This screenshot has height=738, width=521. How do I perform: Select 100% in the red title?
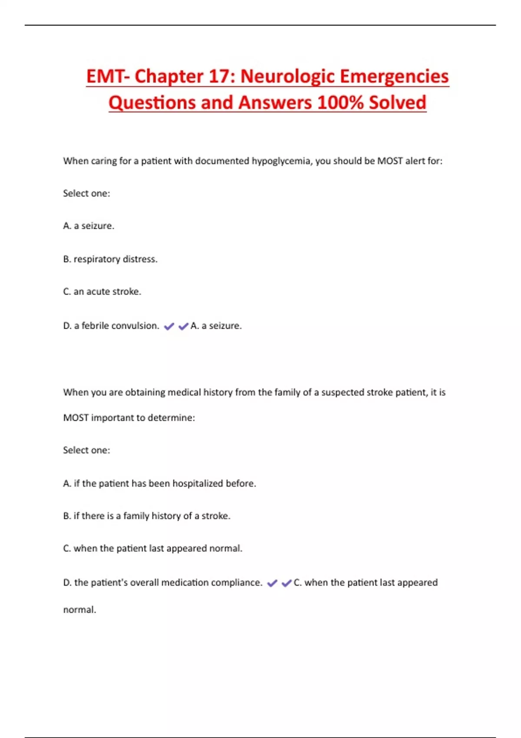point(340,103)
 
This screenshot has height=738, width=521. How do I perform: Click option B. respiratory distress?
point(110,259)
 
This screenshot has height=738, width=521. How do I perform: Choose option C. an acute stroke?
point(102,292)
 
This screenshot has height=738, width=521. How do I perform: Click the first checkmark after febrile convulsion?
point(169,326)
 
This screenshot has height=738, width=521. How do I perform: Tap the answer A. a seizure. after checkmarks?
point(216,326)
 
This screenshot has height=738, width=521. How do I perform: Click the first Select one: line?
point(86,193)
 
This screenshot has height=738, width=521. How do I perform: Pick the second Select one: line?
point(86,450)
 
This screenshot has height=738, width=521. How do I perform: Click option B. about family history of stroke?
point(147,516)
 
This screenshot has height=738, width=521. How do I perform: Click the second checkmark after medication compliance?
point(287,583)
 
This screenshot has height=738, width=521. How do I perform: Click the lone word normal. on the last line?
point(79,610)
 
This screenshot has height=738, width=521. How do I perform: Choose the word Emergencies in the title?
point(394,76)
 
